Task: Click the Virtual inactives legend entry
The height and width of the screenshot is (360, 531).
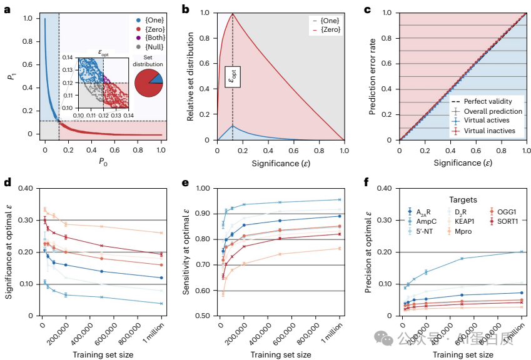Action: coord(489,131)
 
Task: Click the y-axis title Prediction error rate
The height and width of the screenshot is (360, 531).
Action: coord(373,76)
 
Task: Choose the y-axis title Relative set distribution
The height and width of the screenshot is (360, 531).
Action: coord(190,76)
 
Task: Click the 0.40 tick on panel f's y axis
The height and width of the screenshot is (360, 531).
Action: coord(388,188)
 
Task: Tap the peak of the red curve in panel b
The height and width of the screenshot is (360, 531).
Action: coord(233,14)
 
